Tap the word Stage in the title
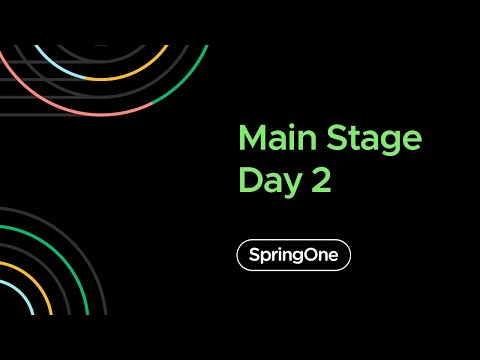[x=376, y=138]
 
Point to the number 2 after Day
[x=319, y=180]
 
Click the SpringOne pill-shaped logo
[x=293, y=255]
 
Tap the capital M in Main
[x=251, y=138]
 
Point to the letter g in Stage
[x=393, y=142]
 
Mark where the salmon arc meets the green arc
[x=150, y=103]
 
